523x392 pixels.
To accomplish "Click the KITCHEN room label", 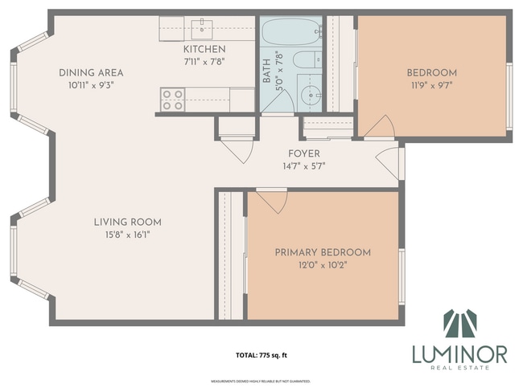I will tap(204, 49).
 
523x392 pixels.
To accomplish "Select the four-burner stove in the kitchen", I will tap(172, 99).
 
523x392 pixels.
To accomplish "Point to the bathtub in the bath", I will tap(290, 32).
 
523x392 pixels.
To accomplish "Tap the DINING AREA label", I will tap(90, 73).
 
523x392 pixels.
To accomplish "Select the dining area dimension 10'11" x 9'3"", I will tap(90, 85).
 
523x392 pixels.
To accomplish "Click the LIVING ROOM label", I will tap(127, 223).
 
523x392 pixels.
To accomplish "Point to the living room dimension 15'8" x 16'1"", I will tap(127, 235).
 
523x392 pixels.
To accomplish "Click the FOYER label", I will tap(303, 153).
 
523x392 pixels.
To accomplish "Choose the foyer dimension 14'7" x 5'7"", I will tap(303, 166).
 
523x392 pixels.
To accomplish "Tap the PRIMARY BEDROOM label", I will tap(323, 252).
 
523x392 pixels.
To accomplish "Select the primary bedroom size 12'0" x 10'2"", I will tap(323, 265).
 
